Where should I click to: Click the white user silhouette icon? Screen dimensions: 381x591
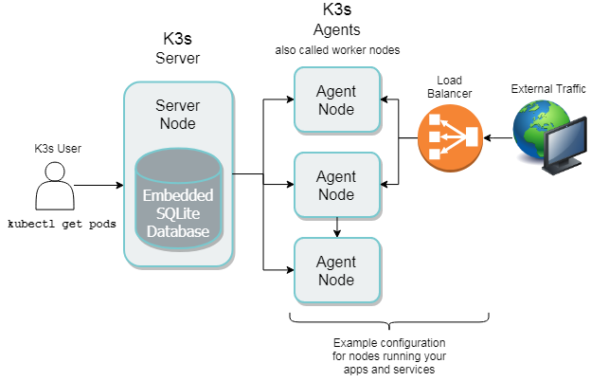pyautogui.click(x=55, y=187)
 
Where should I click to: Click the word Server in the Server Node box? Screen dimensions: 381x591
pyautogui.click(x=177, y=104)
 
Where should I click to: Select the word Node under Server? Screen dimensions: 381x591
pyautogui.click(x=177, y=123)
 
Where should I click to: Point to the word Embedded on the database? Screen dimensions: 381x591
pyautogui.click(x=178, y=195)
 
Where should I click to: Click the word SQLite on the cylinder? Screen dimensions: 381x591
pyautogui.click(x=178, y=213)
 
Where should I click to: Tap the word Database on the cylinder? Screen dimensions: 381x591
pyautogui.click(x=178, y=231)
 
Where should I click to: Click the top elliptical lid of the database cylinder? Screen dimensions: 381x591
pyautogui.click(x=178, y=165)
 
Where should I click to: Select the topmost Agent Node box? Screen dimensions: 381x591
pyautogui.click(x=336, y=100)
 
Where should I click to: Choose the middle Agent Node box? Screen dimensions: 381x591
pyautogui.click(x=336, y=186)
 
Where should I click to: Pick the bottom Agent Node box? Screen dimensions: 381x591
pyautogui.click(x=336, y=270)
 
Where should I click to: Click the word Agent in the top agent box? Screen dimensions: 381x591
pyautogui.click(x=336, y=92)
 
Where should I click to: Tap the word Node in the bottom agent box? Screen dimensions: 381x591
pyautogui.click(x=336, y=280)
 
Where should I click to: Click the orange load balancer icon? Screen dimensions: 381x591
pyautogui.click(x=450, y=138)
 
